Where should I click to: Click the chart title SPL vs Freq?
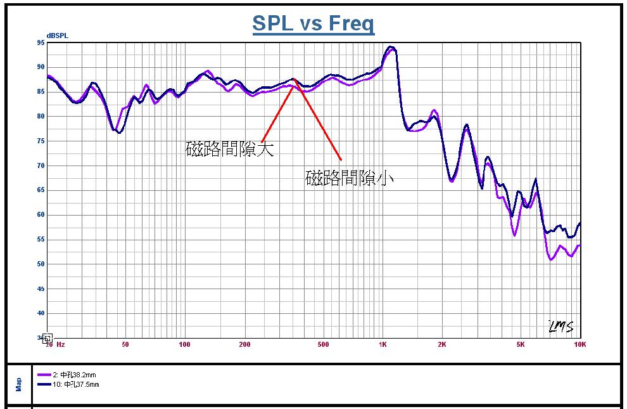313,23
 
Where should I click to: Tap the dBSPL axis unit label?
57,36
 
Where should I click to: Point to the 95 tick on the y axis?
41,43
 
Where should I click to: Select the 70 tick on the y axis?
41,166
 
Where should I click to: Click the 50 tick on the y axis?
41,264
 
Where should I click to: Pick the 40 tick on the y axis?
41,313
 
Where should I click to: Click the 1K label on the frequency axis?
382,345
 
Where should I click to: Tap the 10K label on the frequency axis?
579,345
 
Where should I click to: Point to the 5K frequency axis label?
520,345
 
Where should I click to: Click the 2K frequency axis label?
441,345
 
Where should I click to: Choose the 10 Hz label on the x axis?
55,345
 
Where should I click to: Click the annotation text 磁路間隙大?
229,149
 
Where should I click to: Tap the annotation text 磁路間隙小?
349,178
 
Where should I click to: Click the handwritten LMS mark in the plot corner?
560,327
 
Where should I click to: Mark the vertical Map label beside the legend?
18,384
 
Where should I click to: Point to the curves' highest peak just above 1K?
391,47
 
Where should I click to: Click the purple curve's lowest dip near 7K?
552,259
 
